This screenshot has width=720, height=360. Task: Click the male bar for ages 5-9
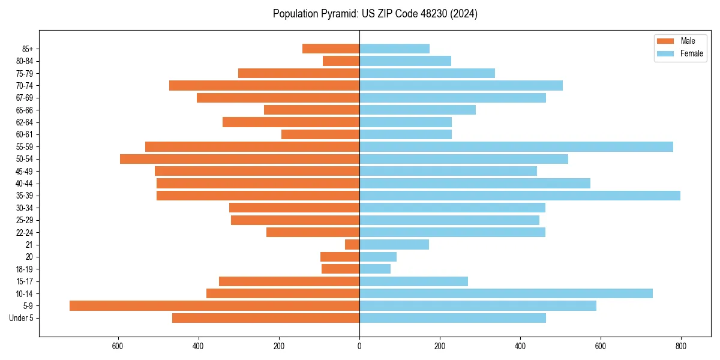click(x=214, y=305)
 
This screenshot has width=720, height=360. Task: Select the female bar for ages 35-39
click(x=520, y=196)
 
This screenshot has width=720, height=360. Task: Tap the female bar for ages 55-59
click(x=516, y=146)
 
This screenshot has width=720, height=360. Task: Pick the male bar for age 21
click(x=352, y=244)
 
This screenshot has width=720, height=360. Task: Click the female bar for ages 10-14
click(x=506, y=293)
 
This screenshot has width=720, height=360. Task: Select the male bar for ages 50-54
click(x=239, y=159)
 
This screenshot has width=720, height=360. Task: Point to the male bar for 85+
click(x=331, y=49)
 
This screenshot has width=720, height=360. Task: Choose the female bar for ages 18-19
click(x=375, y=269)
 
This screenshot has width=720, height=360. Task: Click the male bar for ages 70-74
click(x=264, y=85)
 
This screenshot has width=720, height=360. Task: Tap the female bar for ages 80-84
click(x=405, y=61)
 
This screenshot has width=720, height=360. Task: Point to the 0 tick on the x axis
click(x=359, y=346)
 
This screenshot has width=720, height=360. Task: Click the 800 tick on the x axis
click(x=681, y=346)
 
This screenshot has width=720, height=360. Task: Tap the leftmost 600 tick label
click(x=118, y=346)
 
